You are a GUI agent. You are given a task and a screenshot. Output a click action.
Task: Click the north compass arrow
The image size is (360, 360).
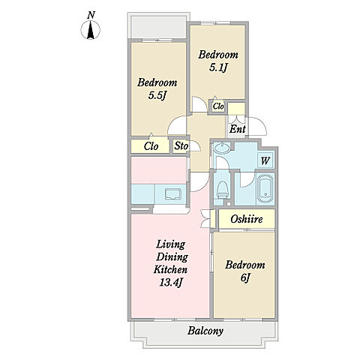(x=91, y=30)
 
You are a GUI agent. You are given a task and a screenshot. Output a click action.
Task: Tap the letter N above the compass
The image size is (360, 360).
(x=91, y=16)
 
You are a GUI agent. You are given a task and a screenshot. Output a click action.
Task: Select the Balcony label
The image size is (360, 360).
(x=205, y=331)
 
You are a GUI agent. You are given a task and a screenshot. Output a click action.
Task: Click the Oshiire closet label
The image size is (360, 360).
(x=247, y=219)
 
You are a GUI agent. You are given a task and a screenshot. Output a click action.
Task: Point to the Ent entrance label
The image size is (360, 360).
(x=238, y=129)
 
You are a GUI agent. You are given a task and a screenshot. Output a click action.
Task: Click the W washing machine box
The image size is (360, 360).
(x=265, y=160)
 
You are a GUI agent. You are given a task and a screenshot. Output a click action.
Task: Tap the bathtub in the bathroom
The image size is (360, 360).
(x=265, y=188)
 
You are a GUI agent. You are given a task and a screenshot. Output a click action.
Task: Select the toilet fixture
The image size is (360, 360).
(x=222, y=189)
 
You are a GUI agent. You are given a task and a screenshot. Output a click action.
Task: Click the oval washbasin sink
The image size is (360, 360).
(x=223, y=148)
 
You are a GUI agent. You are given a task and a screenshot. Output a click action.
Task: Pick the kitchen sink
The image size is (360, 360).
(x=172, y=194)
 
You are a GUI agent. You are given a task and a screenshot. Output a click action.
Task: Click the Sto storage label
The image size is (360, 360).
(x=181, y=145)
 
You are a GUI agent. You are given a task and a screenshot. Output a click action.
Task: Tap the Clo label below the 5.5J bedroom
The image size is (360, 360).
(x=151, y=146)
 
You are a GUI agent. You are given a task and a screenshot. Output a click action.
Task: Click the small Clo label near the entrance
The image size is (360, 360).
(x=218, y=106)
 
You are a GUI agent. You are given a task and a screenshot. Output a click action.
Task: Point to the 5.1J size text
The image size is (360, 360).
(x=218, y=67)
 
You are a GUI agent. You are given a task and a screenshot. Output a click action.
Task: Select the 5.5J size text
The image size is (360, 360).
(x=157, y=95)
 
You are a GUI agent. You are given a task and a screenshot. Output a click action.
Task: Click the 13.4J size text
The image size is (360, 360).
(x=170, y=282)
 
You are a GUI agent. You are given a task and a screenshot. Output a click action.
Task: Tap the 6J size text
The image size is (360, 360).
(x=245, y=277)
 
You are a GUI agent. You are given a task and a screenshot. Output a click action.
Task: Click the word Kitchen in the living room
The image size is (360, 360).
(x=170, y=269)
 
